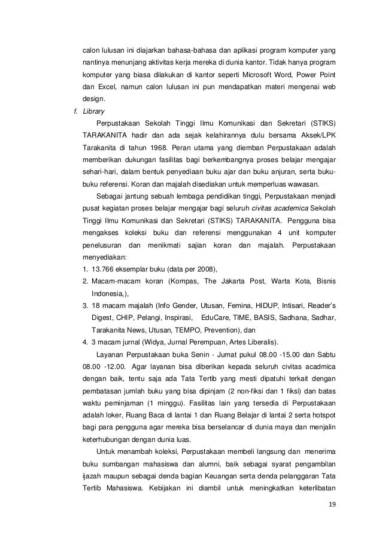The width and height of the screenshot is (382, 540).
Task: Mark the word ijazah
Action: [x=94, y=474]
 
